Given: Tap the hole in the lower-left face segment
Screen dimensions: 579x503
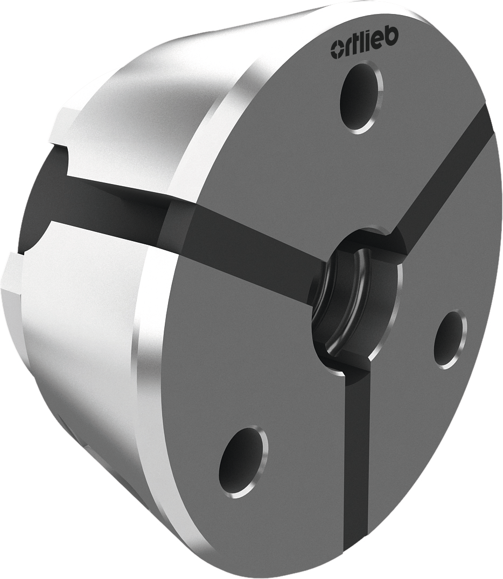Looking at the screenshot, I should pyautogui.click(x=242, y=462).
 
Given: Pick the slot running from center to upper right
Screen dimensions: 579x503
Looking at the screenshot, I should pyautogui.click(x=447, y=178).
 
